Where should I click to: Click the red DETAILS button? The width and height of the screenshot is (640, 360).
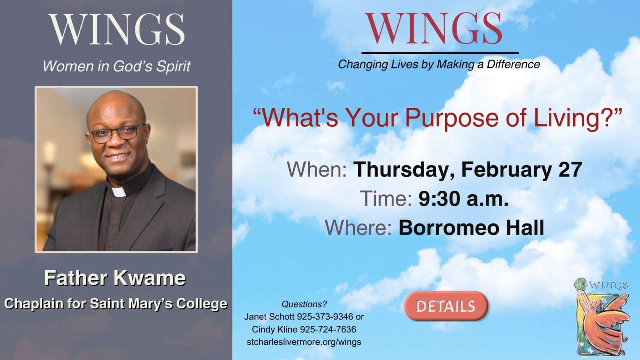(x=446, y=306)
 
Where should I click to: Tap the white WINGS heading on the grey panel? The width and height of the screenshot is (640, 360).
(x=117, y=29)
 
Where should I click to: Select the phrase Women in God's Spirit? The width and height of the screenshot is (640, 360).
(x=117, y=66)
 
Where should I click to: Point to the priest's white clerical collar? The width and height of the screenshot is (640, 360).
(x=119, y=192)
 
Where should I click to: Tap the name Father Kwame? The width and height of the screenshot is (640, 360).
(x=115, y=278)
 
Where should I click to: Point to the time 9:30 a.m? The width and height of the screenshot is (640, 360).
(x=464, y=199)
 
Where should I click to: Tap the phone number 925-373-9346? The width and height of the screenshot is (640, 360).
(x=325, y=317)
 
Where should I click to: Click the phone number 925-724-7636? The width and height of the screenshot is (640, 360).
(x=328, y=329)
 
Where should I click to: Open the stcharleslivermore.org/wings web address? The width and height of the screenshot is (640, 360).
(x=304, y=342)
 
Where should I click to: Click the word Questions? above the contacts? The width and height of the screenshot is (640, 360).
(x=304, y=304)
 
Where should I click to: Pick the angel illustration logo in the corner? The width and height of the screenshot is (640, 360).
(x=602, y=317)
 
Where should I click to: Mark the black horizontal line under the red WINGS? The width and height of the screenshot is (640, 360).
(x=440, y=53)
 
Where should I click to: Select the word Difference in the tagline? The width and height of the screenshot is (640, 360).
(x=513, y=64)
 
